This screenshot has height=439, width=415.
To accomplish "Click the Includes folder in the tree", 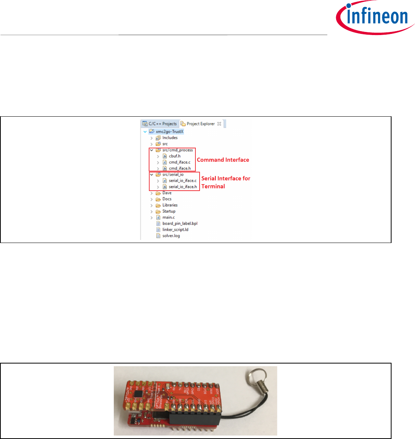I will tap(170, 137).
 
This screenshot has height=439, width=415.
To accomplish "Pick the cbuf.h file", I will tap(174, 156).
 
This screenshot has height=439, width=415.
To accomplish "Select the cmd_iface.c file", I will tap(179, 162).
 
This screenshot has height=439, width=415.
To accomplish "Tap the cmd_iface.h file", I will tap(179, 168).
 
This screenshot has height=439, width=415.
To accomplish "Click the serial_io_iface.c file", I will tap(182, 181).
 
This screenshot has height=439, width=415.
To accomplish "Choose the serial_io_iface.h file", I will tap(182, 187).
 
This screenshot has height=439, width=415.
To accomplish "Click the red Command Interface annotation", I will tap(223, 160).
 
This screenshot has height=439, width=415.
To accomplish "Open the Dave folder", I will tap(167, 193).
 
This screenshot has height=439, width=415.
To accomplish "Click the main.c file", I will tap(169, 218).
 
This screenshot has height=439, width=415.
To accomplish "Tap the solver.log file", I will tap(171, 236).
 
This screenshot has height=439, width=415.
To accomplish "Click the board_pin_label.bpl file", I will tap(180, 224).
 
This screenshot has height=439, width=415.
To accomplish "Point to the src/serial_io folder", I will tap(173, 174).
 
